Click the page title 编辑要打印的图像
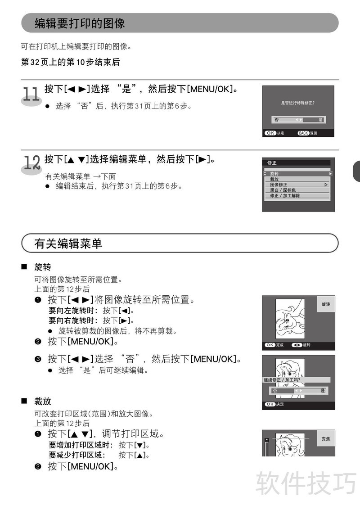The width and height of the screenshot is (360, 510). click(x=80, y=23)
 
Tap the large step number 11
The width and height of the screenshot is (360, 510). click(x=31, y=94)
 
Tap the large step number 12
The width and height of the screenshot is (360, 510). click(x=32, y=162)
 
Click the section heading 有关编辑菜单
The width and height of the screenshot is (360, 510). click(x=68, y=243)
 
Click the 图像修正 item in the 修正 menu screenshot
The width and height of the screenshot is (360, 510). click(x=279, y=185)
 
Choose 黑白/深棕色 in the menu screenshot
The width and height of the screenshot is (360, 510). click(x=283, y=190)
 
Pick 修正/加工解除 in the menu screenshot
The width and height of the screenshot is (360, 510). click(x=285, y=196)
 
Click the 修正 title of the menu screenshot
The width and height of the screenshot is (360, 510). click(x=271, y=162)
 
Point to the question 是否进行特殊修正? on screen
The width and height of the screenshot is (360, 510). click(x=297, y=103)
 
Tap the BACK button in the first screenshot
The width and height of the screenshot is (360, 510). click(x=303, y=133)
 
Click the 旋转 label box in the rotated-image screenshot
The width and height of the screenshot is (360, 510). click(x=325, y=304)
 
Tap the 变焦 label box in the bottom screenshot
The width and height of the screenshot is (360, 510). click(x=325, y=439)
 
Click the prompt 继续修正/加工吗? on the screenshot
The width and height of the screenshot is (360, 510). click(x=282, y=380)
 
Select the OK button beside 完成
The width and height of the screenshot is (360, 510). click(x=270, y=345)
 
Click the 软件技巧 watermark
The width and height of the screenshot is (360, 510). click(x=306, y=483)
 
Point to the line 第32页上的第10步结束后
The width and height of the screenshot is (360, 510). click(x=70, y=62)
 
